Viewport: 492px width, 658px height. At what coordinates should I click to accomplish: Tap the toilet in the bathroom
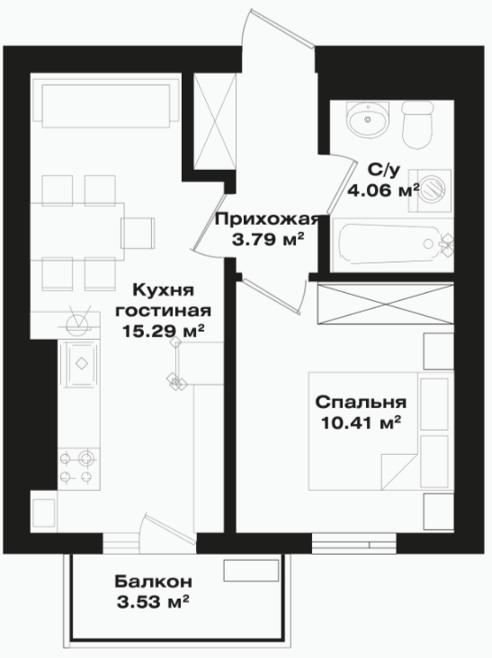pyautogui.click(x=417, y=125)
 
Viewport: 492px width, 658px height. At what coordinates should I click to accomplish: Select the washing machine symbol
pyautogui.click(x=430, y=190)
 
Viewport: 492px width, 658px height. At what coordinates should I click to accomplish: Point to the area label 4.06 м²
pyautogui.click(x=383, y=191)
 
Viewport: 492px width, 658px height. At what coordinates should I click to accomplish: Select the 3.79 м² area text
pyautogui.click(x=268, y=240)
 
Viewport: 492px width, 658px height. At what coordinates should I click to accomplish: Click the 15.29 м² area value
pyautogui.click(x=164, y=331)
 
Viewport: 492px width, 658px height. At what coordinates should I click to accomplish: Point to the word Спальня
pyautogui.click(x=361, y=402)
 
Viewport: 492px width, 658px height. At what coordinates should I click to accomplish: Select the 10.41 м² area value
pyautogui.click(x=360, y=423)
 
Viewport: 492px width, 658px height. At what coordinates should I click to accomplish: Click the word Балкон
pyautogui.click(x=153, y=582)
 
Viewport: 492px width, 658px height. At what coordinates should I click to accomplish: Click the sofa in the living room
pyautogui.click(x=106, y=105)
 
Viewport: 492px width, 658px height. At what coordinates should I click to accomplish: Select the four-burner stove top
pyautogui.click(x=76, y=468)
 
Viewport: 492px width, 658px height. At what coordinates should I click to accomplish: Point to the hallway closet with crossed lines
pyautogui.click(x=215, y=122)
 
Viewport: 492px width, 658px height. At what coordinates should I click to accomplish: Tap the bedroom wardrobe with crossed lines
pyautogui.click(x=385, y=304)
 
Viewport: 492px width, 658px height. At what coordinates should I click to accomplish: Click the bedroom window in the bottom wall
pyautogui.click(x=354, y=544)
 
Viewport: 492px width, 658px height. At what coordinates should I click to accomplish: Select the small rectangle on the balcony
pyautogui.click(x=251, y=570)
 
